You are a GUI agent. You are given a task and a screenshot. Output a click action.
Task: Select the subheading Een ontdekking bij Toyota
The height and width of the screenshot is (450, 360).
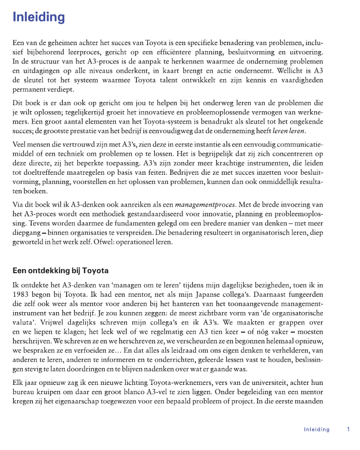click(60, 271)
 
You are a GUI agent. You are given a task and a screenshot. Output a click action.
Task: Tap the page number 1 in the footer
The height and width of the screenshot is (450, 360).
click(348, 429)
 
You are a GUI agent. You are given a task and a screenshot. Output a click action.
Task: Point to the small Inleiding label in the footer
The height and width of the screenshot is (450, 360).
click(316, 429)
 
